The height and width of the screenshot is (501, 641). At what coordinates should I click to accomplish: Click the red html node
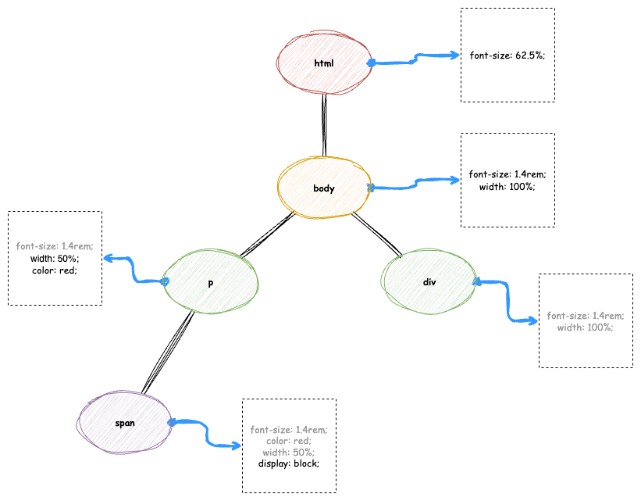323,63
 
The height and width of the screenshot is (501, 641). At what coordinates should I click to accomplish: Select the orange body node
323,188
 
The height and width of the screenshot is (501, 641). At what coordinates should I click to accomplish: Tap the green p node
210,283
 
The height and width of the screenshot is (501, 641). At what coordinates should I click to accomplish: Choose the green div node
429,282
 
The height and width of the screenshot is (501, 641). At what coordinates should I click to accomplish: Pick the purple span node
125,423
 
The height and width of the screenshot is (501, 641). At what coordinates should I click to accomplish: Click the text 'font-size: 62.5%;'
507,55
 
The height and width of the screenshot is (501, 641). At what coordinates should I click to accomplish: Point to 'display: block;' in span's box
289,463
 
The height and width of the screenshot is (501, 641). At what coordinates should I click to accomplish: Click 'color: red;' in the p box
55,270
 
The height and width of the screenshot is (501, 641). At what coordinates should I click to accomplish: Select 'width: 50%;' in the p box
55,258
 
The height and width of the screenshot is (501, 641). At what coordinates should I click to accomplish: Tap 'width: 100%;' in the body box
507,186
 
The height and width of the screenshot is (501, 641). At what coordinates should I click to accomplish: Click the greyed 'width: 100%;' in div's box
586,327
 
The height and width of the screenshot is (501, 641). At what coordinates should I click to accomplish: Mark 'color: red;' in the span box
289,441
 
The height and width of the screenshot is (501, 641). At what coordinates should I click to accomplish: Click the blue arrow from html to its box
414,58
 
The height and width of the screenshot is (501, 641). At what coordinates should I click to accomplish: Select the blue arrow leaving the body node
414,184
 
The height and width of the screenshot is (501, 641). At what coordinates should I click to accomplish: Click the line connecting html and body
323,125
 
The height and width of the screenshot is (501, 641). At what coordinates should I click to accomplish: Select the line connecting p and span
168,352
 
